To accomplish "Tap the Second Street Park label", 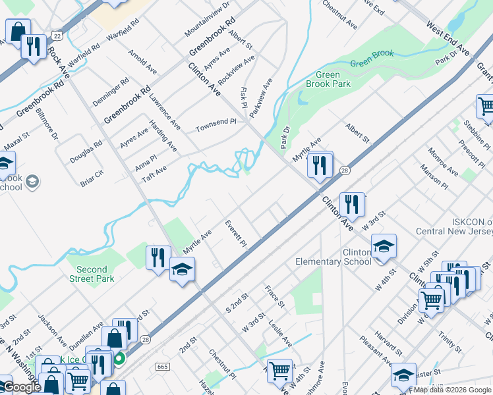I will coord(95,274).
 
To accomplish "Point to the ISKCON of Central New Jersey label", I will coord(454,226).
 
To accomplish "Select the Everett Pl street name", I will coord(235,234).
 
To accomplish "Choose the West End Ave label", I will coord(448,40).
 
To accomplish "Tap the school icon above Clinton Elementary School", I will coord(384,246).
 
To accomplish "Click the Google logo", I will coord(22,387).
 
